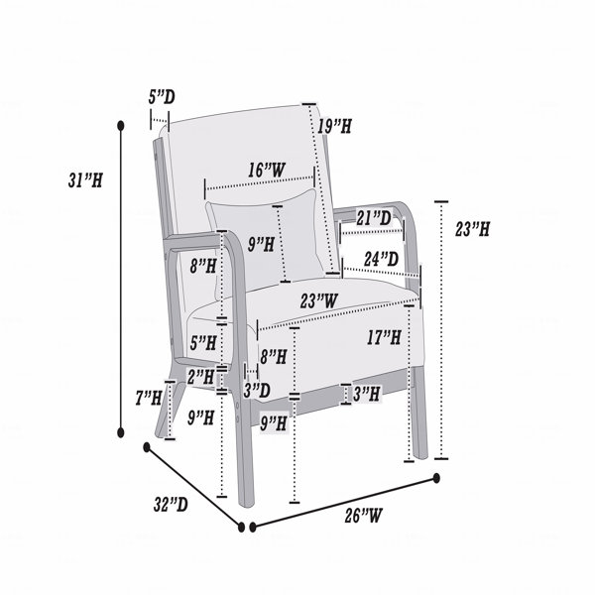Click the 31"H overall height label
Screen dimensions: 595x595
[x=85, y=180]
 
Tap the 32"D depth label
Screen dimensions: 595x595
[x=171, y=504]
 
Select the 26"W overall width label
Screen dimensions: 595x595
[x=364, y=516]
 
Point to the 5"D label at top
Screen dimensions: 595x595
[x=162, y=97]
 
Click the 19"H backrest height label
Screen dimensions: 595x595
[x=335, y=126]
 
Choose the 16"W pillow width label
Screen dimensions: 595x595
[x=267, y=170]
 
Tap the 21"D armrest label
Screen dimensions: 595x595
[x=374, y=218]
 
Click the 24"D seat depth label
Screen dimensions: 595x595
[x=382, y=259]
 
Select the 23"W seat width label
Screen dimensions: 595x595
[x=318, y=300]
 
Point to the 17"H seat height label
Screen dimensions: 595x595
[x=384, y=337]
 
